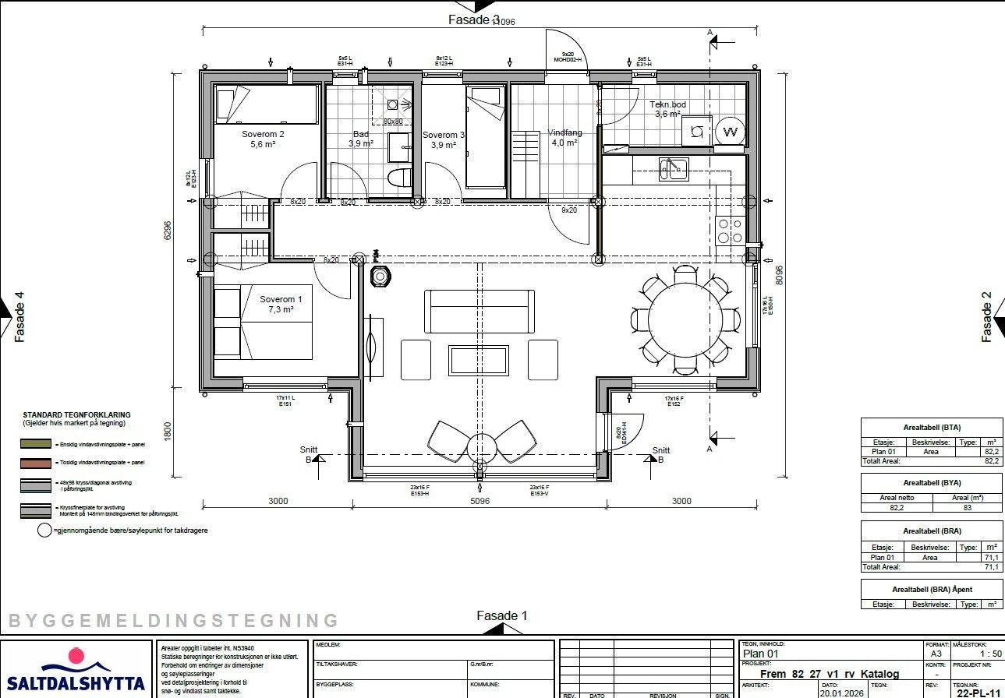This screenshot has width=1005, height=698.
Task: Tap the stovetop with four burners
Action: (x=731, y=231)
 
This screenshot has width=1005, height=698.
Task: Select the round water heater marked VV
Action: (x=731, y=132)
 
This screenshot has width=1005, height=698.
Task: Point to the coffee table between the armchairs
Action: (x=478, y=360)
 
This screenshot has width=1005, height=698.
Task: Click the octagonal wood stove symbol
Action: (x=380, y=277)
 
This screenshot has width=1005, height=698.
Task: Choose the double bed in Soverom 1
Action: (x=263, y=323)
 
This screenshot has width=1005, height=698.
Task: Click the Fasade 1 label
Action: (x=502, y=615)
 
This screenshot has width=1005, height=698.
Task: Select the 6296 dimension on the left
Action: (x=168, y=231)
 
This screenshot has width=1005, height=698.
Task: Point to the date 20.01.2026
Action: (x=841, y=691)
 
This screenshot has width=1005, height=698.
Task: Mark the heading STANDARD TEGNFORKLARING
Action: (x=76, y=415)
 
